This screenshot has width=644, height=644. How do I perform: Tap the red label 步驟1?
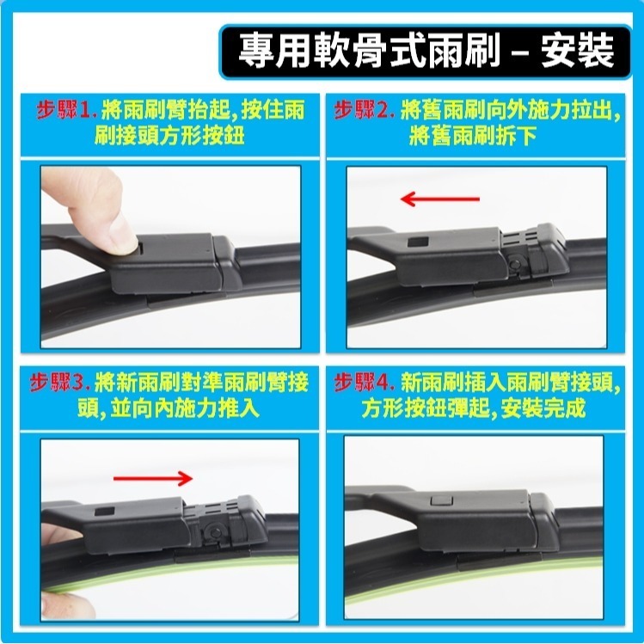click(65, 111)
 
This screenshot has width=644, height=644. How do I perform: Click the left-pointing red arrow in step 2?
click(439, 199)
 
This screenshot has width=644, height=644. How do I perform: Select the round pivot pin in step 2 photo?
click(513, 267)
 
